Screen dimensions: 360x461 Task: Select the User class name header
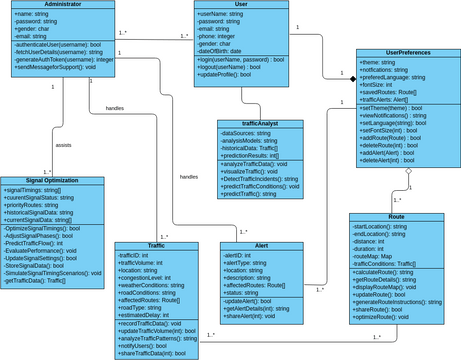coord(240,5)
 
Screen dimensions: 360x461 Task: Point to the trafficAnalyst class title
coord(260,124)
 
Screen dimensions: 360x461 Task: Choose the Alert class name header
coord(262,246)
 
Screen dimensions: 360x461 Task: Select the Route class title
coord(396,217)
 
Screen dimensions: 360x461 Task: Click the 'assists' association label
coord(63,144)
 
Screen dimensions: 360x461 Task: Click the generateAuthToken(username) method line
coord(66,60)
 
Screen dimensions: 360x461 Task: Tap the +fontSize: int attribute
coord(380,84)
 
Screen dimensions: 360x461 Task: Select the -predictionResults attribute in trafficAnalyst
coord(251,155)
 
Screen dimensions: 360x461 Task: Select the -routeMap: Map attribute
coord(376,256)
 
